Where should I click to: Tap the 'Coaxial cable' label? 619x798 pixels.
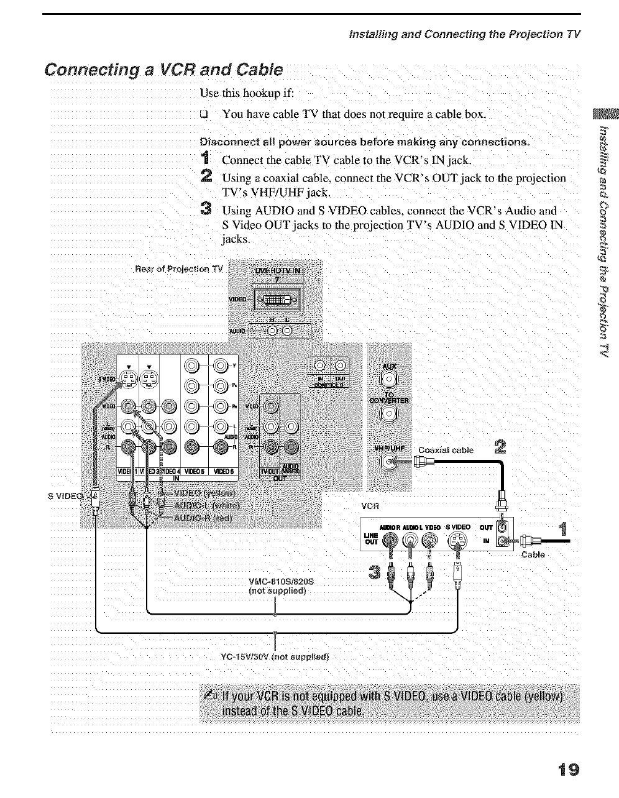tap(446, 450)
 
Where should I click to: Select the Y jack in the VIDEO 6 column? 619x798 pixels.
tap(219, 365)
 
